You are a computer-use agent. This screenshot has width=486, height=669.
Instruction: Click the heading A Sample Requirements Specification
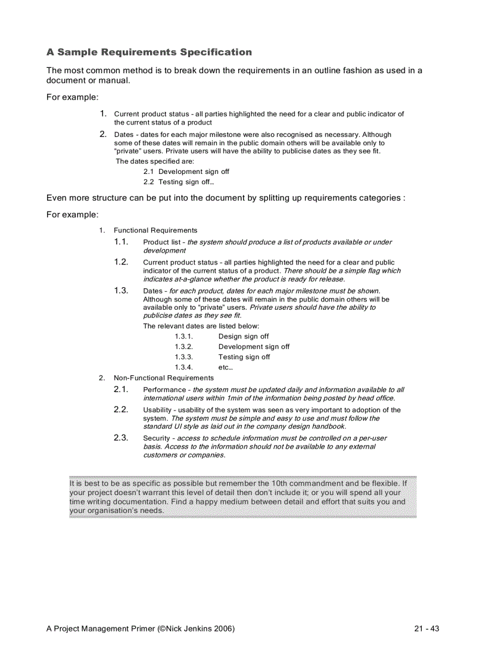(149, 52)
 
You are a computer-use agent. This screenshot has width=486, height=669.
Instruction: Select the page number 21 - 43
(426, 628)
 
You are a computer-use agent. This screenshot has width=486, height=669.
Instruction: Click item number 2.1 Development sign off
(186, 172)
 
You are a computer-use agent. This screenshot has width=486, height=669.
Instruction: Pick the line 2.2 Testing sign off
(178, 182)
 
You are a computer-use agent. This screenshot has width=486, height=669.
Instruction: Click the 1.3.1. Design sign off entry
(222, 337)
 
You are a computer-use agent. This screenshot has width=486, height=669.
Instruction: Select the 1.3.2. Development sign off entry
(232, 347)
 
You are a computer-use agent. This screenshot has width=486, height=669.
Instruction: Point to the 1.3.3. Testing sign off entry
(222, 357)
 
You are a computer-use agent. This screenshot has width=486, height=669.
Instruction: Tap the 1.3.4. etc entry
(203, 368)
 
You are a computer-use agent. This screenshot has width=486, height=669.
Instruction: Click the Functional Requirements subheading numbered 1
(155, 231)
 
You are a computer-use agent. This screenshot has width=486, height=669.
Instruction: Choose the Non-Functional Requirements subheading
(163, 378)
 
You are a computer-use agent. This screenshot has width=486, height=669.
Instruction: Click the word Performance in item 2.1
(164, 390)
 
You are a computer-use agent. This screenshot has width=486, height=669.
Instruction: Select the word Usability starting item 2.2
(156, 410)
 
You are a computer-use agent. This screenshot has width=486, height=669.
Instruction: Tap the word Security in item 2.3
(157, 438)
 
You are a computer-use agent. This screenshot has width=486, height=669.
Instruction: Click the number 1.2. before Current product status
(121, 262)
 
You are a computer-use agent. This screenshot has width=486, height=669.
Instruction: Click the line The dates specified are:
(154, 161)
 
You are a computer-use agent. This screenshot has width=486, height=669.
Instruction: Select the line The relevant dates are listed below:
(201, 326)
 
